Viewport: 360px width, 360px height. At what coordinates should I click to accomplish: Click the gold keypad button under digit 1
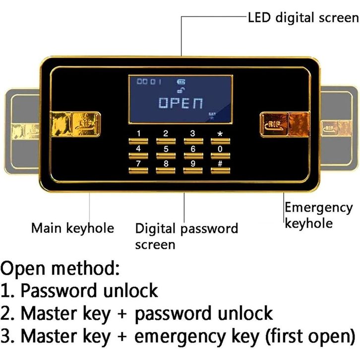pos(138,141)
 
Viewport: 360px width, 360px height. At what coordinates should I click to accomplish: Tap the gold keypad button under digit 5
pos(166,156)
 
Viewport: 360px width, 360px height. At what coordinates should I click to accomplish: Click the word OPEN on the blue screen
pos(180,103)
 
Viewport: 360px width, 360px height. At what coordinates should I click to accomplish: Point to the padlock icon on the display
pos(179,90)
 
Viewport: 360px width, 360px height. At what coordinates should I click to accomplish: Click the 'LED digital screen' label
pos(302,18)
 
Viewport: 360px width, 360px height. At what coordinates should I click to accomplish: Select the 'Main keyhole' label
pos(72,228)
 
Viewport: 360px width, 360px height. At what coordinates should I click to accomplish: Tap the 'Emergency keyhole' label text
pos(318,215)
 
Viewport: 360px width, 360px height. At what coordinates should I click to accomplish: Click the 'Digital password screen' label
pos(186,236)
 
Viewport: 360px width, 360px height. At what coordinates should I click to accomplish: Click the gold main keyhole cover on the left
pos(75,124)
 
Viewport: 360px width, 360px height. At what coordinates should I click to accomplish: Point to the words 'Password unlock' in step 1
pos(89,290)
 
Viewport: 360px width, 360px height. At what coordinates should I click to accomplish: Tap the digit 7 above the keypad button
pos(138,163)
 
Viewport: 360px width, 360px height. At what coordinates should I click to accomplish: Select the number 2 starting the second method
pos(6,313)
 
